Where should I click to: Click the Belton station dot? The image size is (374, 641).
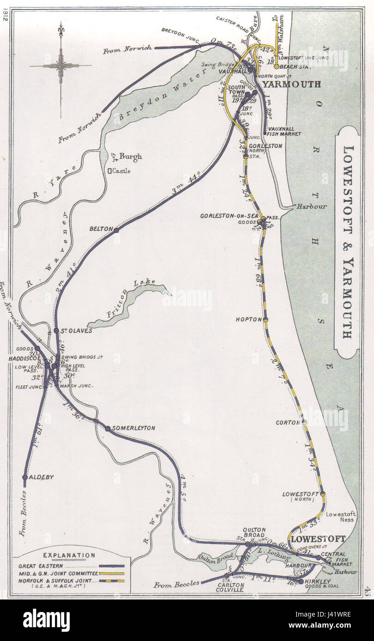(x=116, y=230)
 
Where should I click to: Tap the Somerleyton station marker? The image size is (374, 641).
(x=108, y=428)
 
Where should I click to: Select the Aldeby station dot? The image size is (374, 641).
(x=25, y=477)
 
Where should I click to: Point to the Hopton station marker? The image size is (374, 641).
(x=265, y=319)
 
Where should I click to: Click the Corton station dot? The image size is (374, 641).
(x=304, y=422)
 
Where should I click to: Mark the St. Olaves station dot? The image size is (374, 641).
(x=56, y=331)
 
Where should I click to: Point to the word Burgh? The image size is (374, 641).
(x=131, y=156)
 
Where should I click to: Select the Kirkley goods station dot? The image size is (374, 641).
(x=301, y=582)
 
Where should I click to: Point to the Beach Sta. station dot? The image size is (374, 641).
(x=276, y=66)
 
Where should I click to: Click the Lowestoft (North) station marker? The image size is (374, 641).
(x=323, y=494)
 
